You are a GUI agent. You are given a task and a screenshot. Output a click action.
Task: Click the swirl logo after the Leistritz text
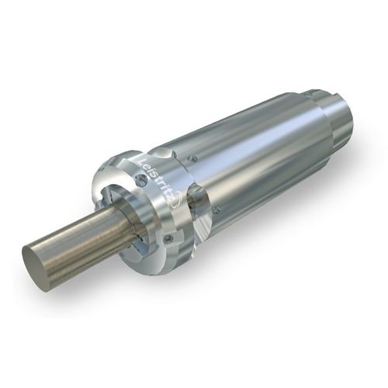179,203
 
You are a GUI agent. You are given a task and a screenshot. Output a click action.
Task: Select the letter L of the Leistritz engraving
141,161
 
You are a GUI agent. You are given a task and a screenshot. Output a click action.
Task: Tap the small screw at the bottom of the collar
168,237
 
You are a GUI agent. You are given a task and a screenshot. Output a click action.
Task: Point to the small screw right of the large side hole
217,209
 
